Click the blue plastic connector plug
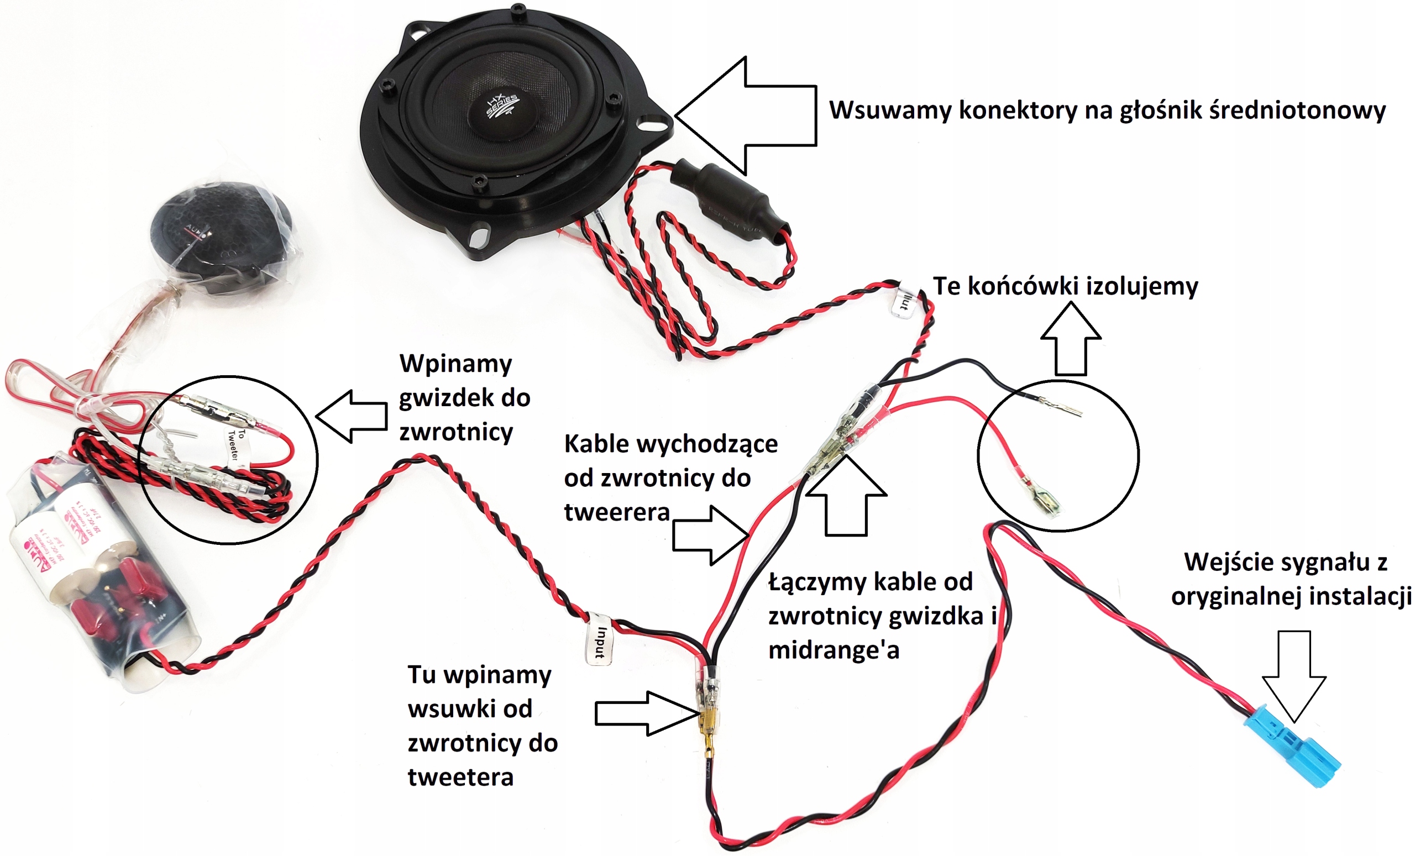coord(1292,747)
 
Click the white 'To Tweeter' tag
coord(233,444)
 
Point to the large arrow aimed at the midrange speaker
coord(747,115)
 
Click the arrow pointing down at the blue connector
coord(1294,678)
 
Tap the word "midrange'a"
coord(834,650)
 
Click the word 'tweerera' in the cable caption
coord(617,512)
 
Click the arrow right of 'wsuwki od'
coord(646,713)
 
